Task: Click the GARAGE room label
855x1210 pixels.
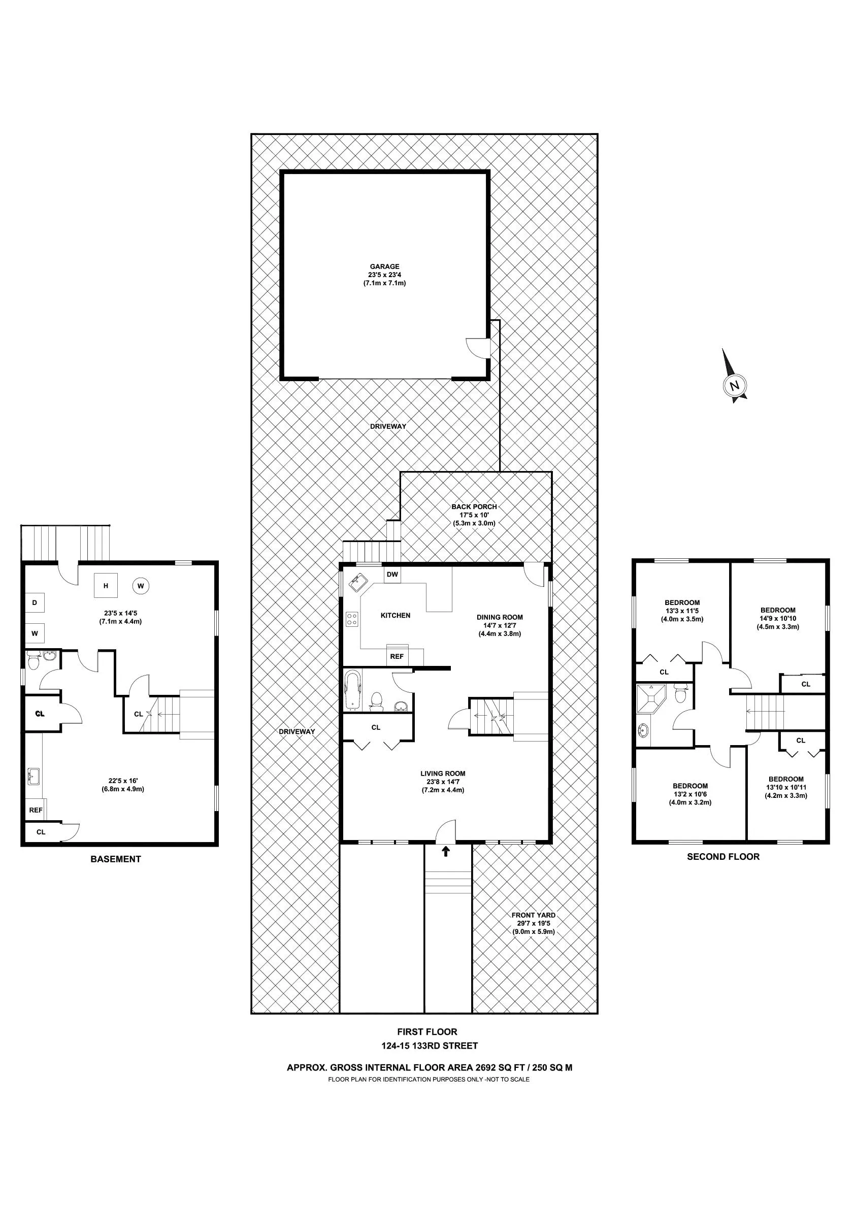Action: [x=384, y=266]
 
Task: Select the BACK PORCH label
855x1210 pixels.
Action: [x=474, y=507]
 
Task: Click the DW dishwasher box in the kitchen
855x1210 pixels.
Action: [x=392, y=575]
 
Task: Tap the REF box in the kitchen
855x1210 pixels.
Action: [x=397, y=656]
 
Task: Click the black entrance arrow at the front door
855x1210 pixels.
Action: [x=446, y=851]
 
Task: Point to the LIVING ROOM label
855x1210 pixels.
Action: [x=443, y=774]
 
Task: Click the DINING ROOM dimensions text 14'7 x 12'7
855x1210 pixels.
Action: [x=500, y=625]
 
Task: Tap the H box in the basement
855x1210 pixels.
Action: [x=106, y=586]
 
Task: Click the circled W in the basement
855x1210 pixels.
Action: [x=141, y=586]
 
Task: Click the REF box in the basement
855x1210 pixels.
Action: [x=36, y=810]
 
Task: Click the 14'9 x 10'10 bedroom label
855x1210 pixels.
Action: [x=777, y=619]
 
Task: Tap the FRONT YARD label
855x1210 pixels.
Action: [x=534, y=916]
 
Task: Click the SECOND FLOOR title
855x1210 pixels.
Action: [x=722, y=856]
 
